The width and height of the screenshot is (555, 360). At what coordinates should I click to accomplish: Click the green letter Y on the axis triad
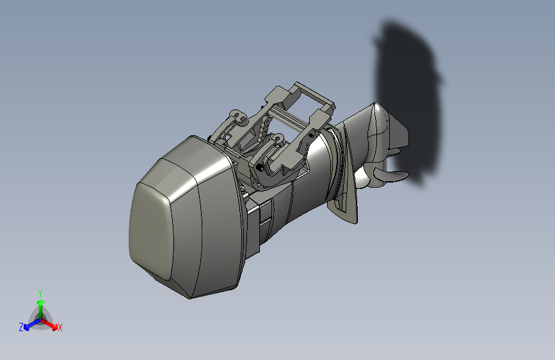(40, 292)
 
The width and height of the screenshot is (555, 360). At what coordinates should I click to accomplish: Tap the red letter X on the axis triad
(60, 328)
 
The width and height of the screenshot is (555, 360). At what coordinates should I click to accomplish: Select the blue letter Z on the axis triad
(21, 327)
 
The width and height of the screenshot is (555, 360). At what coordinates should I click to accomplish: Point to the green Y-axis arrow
(40, 306)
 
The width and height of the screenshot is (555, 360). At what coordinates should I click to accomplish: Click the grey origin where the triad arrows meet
(40, 318)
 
